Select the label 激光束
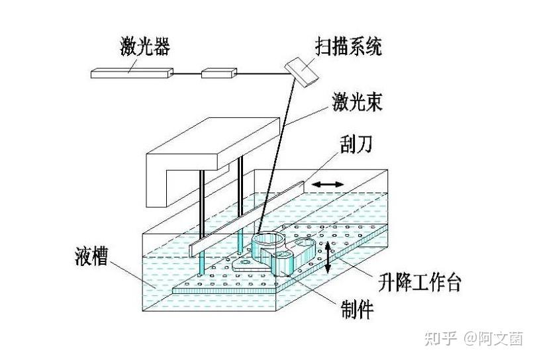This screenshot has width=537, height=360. pyautogui.click(x=356, y=104)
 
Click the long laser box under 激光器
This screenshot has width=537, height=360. pyautogui.click(x=132, y=73)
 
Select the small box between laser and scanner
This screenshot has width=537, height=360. pyautogui.click(x=219, y=71)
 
